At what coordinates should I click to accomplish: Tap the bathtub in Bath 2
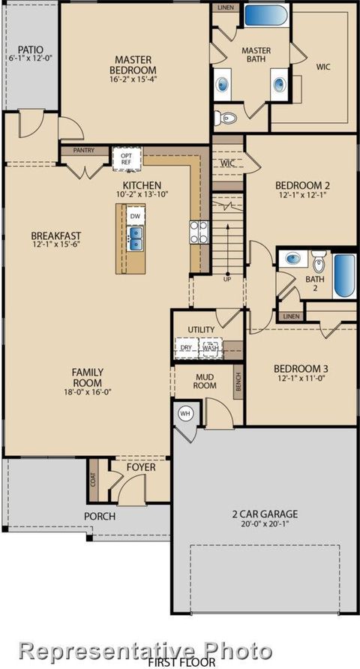[343, 277]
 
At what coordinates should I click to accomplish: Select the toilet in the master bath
[226, 118]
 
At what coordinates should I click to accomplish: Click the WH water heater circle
[184, 413]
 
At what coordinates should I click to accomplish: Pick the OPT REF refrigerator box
[122, 158]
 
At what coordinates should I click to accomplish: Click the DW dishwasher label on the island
[135, 216]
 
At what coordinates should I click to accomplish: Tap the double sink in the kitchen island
[135, 238]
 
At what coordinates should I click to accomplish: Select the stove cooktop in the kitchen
[198, 232]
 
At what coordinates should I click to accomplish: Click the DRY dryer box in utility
[186, 348]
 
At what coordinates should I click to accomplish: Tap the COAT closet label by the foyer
[93, 480]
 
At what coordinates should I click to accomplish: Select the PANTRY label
[83, 150]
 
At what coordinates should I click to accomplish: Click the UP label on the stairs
[226, 279]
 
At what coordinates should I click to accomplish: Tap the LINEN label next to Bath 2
[291, 317]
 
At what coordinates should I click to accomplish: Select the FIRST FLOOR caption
[181, 663]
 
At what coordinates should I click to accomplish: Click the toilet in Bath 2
[319, 263]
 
